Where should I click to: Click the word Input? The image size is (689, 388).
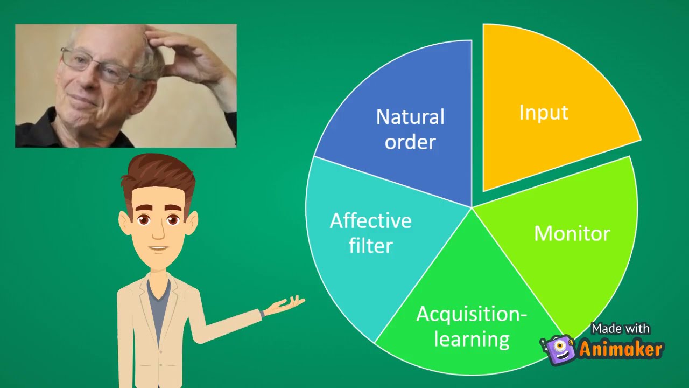pos(544,112)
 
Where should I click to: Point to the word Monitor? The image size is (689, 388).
pos(572,233)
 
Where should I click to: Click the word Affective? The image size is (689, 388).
pos(370,220)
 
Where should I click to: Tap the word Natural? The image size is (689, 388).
pos(410,116)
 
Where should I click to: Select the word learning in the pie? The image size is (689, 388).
pos(472,339)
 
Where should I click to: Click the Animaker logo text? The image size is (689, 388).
pos(621,349)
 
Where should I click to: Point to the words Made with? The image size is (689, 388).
pos(621,329)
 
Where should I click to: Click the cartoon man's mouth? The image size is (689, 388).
pos(158,248)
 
